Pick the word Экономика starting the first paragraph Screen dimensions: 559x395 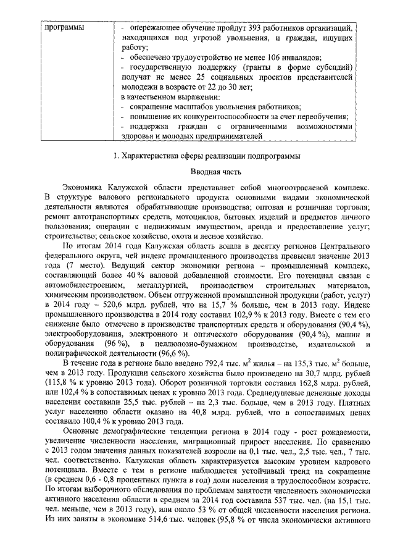[x=82, y=185]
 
